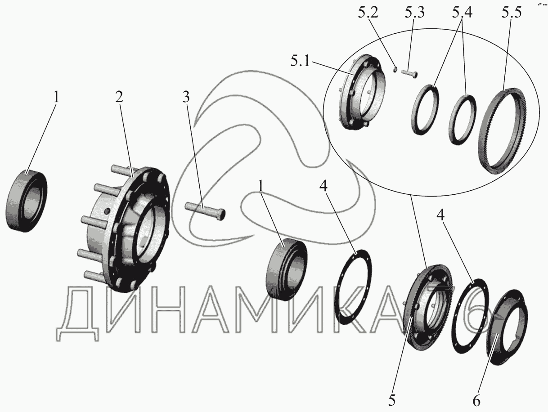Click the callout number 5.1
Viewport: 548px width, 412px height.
click(x=300, y=61)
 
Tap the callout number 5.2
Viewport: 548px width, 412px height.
click(x=368, y=13)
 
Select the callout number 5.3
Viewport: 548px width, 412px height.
click(x=415, y=13)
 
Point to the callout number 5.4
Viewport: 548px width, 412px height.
click(x=462, y=13)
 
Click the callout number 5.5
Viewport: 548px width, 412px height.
click(x=512, y=13)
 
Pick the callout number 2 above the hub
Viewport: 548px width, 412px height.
click(x=119, y=97)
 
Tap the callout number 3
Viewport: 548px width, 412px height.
click(x=186, y=97)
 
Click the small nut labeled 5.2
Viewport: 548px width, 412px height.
click(x=395, y=69)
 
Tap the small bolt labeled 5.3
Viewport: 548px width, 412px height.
click(x=409, y=74)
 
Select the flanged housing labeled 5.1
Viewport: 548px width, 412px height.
click(x=362, y=92)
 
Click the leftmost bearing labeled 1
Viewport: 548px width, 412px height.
click(x=26, y=201)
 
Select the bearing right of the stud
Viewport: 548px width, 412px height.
click(x=287, y=269)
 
